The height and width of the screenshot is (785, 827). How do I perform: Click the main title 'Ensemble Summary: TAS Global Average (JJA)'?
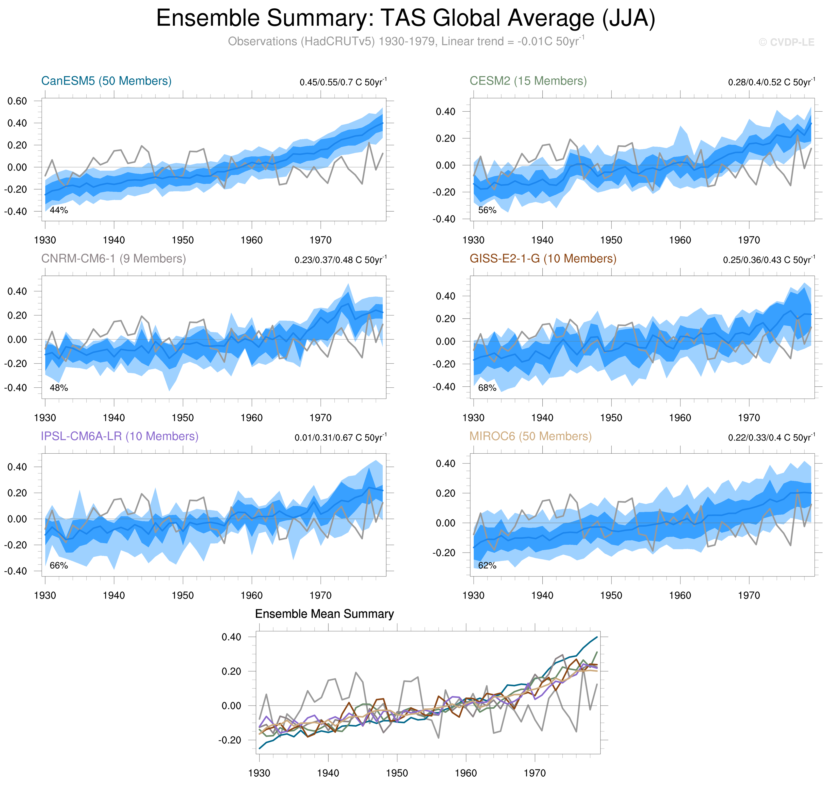coord(405,19)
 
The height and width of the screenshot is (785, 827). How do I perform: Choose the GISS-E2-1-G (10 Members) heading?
coord(543,259)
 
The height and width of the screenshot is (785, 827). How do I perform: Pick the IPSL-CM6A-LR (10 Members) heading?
coord(119,436)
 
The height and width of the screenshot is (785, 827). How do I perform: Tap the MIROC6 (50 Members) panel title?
coord(530,436)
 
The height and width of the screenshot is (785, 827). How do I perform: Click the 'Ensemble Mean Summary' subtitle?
coord(324,614)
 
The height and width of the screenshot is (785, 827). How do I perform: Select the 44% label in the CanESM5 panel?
coord(59,210)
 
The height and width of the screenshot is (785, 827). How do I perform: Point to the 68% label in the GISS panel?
coord(487,388)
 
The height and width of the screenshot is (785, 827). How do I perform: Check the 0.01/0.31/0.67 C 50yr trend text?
coord(340,437)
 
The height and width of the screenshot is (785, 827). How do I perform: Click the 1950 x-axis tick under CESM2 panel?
coord(611,240)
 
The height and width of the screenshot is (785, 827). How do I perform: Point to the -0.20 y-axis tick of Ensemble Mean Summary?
coord(230,740)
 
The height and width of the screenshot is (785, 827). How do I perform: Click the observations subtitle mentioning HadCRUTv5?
coord(405,41)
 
